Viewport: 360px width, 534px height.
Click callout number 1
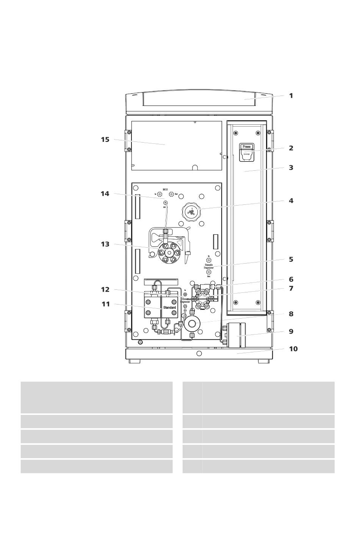tap(291, 96)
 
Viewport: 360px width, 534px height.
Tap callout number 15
tap(105, 140)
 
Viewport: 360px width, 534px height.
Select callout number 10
tap(293, 349)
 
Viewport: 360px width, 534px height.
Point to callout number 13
tap(105, 244)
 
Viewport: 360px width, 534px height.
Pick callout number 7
tap(291, 289)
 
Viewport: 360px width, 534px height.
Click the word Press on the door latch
tap(246, 146)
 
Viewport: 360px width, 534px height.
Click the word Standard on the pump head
tap(169, 307)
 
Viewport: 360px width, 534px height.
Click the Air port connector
tap(165, 203)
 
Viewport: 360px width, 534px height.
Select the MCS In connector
tap(160, 194)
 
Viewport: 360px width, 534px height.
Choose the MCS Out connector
tap(171, 194)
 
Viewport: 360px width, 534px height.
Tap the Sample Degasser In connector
tap(209, 260)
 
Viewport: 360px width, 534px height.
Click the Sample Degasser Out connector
tap(209, 272)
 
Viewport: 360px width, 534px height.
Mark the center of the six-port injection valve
tap(201, 298)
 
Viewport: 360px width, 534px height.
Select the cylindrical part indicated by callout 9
tap(236, 335)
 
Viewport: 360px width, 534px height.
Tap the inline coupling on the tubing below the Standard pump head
tap(166, 332)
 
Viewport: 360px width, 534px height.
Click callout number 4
tap(291, 201)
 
